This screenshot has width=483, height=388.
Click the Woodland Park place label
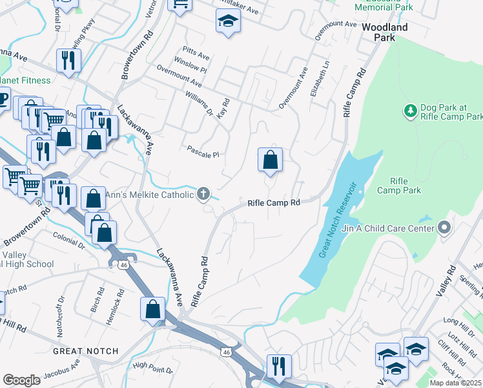tap(385, 32)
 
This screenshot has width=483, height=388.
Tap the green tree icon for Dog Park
tap(409, 111)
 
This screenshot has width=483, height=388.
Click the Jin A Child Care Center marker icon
tap(443, 228)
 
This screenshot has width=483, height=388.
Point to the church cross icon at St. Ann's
tap(203, 193)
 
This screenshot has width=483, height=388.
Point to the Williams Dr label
tap(199, 103)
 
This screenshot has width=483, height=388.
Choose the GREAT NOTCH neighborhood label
tap(85, 351)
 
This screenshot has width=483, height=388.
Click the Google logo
tap(21, 380)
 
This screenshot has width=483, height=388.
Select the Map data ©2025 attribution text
tap(456, 383)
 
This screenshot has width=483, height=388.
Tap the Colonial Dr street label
tap(69, 241)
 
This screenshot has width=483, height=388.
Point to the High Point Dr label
tap(152, 369)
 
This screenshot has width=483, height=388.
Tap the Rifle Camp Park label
tap(406, 186)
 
